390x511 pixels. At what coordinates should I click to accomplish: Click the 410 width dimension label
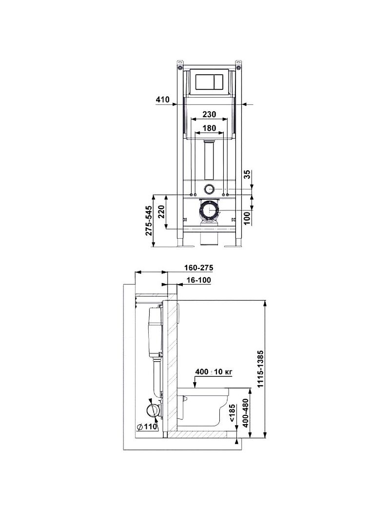point(163,100)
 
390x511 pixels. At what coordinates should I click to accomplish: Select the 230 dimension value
point(209,114)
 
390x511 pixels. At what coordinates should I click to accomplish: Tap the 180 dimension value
point(209,128)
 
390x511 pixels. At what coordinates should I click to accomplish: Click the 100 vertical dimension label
point(248,218)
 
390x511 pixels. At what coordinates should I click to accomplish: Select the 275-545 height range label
point(149,220)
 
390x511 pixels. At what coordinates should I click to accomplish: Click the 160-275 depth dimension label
point(198,268)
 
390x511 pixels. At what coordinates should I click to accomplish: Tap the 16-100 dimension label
point(198,280)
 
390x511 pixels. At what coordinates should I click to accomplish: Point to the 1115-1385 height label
point(260,369)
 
